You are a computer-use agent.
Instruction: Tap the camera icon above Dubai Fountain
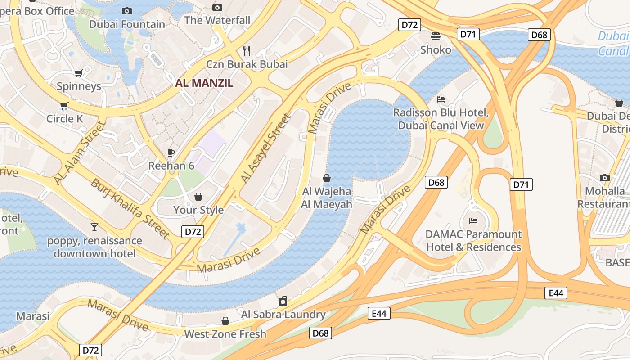tap(127, 11)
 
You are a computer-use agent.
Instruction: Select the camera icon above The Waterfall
tap(217, 7)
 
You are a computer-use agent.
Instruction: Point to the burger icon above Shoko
tap(436, 36)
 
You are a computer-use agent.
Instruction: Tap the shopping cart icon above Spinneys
tap(78, 73)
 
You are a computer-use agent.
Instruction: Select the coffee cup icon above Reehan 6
tap(171, 153)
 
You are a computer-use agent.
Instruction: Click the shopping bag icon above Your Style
tap(198, 197)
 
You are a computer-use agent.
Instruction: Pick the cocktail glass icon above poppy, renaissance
tap(94, 227)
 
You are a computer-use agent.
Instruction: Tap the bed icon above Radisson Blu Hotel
tap(441, 99)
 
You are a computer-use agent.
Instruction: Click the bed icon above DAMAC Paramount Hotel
tap(473, 221)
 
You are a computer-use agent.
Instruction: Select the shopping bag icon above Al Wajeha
tap(327, 178)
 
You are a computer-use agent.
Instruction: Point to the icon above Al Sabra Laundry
tap(283, 301)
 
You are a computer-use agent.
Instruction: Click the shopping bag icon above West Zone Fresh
tap(225, 321)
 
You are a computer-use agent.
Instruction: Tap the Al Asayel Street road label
tap(265, 148)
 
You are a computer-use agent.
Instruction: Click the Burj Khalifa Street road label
tap(130, 208)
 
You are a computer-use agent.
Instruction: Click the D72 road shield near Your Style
tap(193, 232)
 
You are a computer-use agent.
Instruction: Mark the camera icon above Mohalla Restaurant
tap(605, 178)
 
